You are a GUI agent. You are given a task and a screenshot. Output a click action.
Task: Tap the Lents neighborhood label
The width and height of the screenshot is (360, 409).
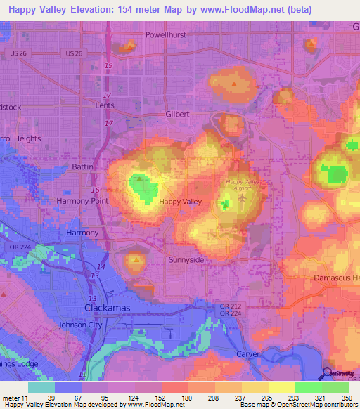pos(104,105)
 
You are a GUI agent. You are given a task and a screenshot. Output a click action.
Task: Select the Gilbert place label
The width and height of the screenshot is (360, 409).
pos(177,113)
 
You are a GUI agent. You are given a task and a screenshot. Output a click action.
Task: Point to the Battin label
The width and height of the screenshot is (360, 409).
pos(82,167)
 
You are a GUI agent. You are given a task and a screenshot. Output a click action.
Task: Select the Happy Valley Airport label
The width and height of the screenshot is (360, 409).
pos(243,184)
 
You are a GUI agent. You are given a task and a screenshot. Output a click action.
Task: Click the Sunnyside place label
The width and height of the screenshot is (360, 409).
pos(186,259)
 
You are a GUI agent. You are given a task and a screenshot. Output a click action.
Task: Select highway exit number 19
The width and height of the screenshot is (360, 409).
pos(108,65)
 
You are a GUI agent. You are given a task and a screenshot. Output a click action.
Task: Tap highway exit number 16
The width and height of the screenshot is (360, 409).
pos(94,190)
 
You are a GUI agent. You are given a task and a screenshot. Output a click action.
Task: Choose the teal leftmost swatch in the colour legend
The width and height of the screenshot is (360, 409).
pos(41,387)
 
